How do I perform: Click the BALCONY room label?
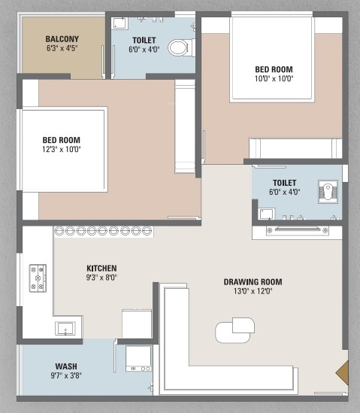pos(62,39)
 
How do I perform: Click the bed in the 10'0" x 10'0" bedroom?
pos(271,57)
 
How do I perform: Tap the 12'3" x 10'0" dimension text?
pos(61,150)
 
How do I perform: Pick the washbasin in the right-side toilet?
pos(266,214)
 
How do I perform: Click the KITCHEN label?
pos(101,267)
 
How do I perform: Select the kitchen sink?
pos(65,327)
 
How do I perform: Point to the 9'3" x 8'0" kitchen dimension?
pos(101,278)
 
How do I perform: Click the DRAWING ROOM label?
pos(253,282)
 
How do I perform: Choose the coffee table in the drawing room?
pos(235,328)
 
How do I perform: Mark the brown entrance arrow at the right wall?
pos(342,373)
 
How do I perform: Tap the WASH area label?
pos(65,366)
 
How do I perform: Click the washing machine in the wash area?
pos(138,358)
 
